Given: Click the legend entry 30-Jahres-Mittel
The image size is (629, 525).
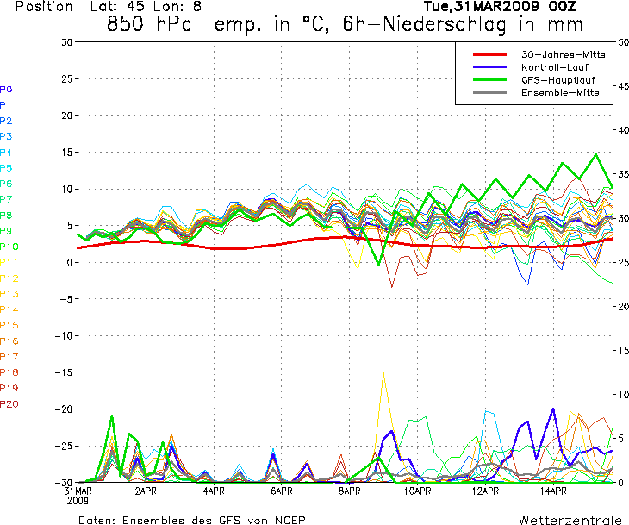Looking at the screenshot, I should [564, 54].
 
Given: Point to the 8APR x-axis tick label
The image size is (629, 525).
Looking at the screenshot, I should [349, 491].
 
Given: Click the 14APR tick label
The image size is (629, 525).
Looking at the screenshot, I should [553, 491].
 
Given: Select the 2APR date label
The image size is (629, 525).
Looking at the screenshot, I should [145, 491].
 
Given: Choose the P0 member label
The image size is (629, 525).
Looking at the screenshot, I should [6, 90].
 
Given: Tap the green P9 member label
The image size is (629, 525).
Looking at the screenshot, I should [6, 231].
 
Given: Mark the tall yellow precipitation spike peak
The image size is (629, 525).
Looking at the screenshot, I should [383, 372].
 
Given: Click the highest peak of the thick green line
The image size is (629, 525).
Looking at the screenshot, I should [595, 154].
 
